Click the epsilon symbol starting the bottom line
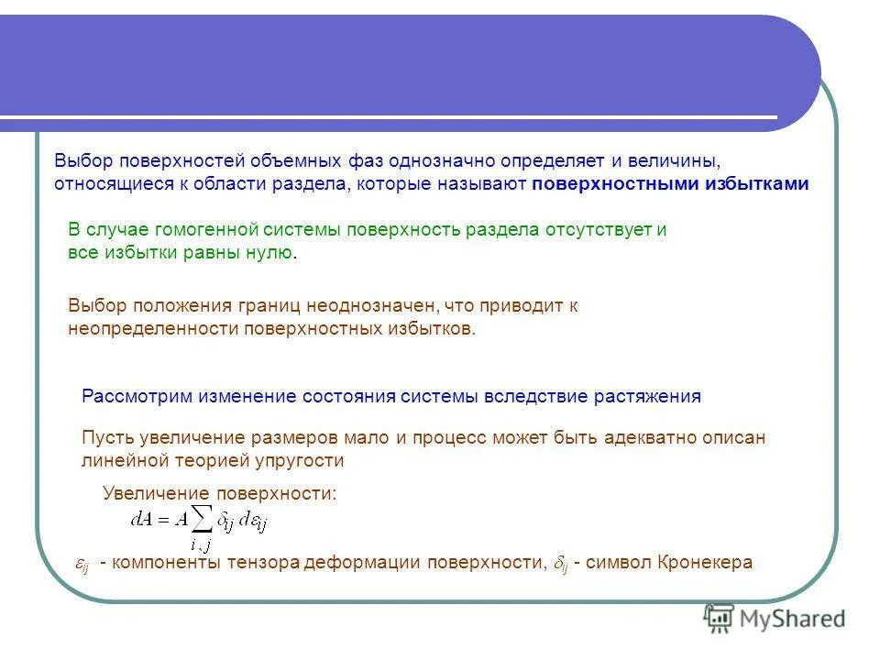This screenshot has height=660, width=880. click(x=81, y=565)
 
